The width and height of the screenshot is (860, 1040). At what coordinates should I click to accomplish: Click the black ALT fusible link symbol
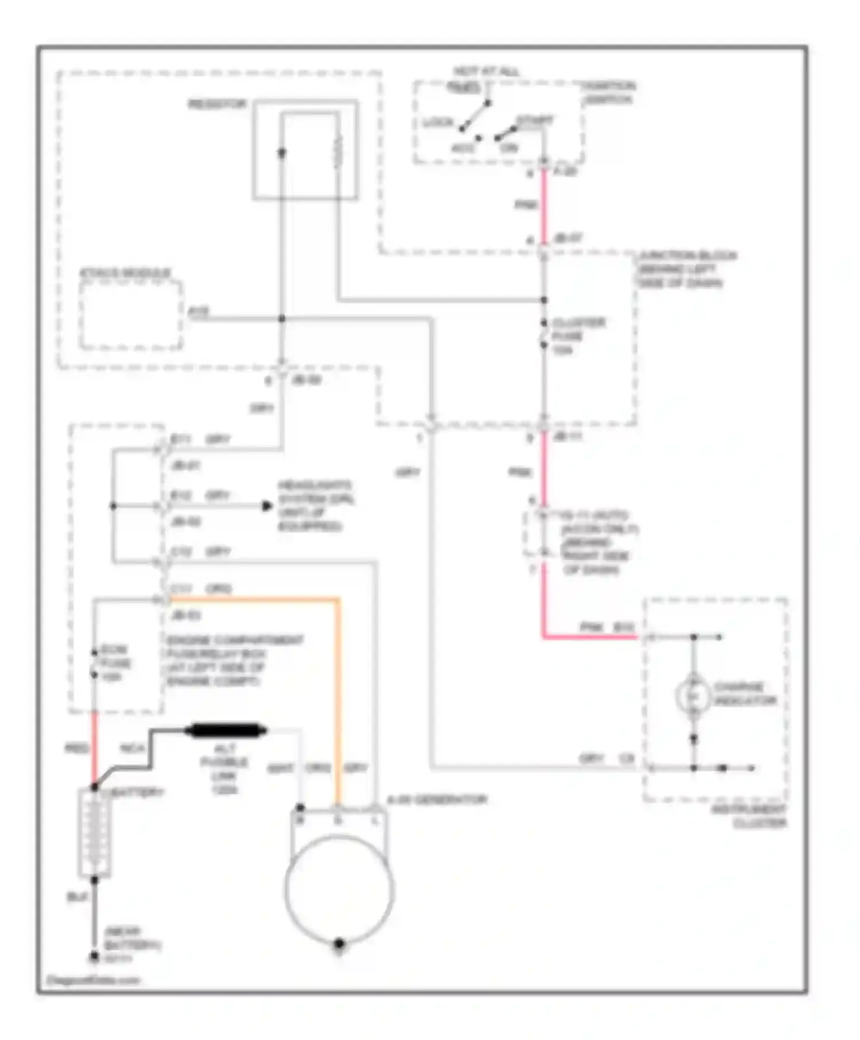[x=226, y=730]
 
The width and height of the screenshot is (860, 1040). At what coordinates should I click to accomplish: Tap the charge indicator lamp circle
[x=693, y=695]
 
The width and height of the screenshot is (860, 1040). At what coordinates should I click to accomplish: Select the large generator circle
[x=339, y=889]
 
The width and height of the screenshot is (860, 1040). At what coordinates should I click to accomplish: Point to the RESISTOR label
[x=217, y=104]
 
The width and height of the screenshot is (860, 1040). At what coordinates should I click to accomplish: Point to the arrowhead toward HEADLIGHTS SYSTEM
[x=267, y=506]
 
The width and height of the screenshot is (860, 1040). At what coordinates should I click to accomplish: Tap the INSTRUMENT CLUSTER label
[x=748, y=816]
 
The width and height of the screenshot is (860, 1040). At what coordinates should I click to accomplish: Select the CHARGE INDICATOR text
[x=744, y=694]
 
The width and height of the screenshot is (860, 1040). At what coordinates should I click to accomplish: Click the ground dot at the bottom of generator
[x=339, y=943]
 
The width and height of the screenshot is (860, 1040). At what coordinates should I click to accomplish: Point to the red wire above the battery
[x=95, y=748]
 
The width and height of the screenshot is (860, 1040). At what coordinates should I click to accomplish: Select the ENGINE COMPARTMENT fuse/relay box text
[x=235, y=660]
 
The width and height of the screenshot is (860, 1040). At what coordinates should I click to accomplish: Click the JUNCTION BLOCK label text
[x=687, y=269]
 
